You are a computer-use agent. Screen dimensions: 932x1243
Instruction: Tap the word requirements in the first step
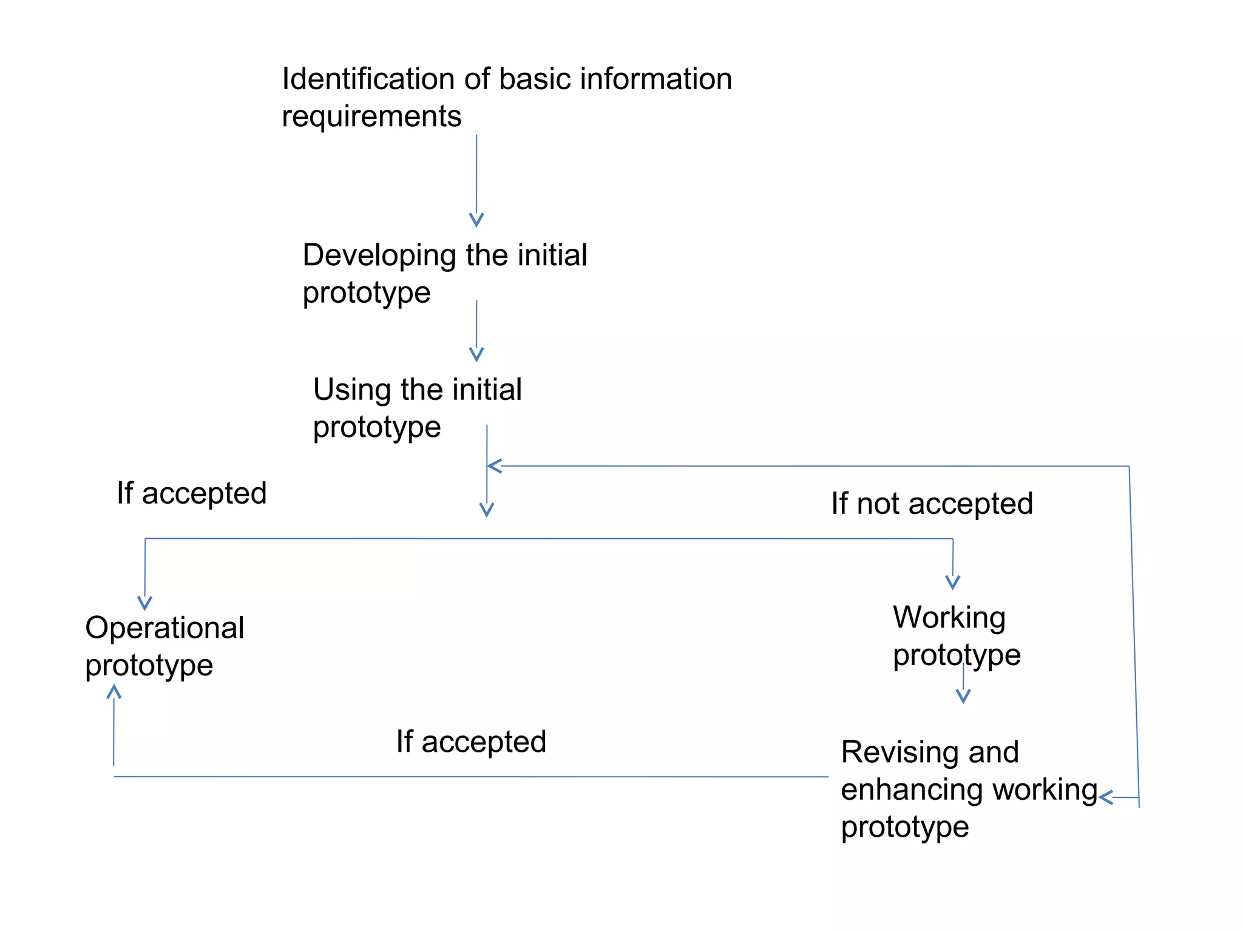371,116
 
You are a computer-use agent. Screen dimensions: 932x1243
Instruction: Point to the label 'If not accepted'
932,504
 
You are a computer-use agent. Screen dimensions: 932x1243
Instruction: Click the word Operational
164,628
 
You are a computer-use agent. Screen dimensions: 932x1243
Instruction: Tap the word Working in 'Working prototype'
949,618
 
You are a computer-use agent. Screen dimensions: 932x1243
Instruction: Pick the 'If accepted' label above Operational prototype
192,493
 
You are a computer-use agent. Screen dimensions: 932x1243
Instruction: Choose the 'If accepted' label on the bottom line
471,741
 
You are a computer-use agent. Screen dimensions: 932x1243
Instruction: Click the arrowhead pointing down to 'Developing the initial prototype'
476,220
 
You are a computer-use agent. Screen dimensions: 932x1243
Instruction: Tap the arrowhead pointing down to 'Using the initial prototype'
476,354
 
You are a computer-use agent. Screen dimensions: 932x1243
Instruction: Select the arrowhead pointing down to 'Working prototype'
952,582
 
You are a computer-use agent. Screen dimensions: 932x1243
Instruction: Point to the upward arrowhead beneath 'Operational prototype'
113,692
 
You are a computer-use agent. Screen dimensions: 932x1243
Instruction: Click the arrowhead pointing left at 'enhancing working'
1106,797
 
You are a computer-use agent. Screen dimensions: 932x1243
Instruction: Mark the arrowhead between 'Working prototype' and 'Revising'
963,696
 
